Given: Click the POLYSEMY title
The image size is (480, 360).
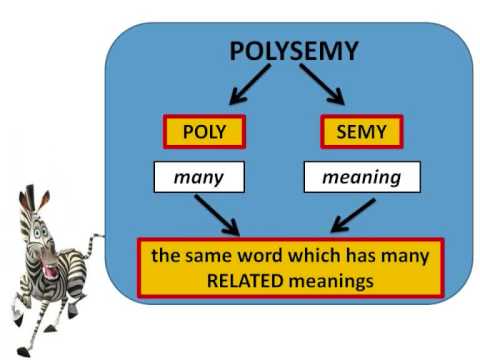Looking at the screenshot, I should coord(293,52).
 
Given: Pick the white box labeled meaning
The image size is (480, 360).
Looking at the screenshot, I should coord(361,178).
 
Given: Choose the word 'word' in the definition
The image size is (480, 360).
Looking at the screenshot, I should coord(254,256).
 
